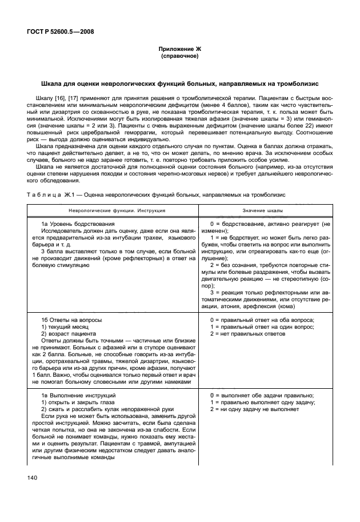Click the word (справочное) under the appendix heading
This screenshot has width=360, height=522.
pos(180,58)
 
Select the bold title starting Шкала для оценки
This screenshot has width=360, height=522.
pos(180,84)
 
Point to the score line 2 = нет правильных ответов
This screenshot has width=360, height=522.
pos(247,333)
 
